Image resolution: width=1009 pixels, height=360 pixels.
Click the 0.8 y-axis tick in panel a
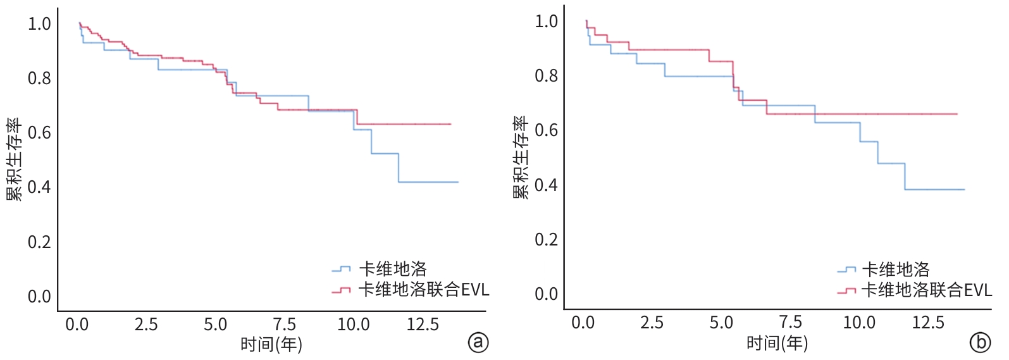click(39, 78)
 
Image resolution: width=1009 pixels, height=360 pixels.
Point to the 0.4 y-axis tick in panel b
click(546, 185)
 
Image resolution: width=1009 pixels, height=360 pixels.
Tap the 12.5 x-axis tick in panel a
click(422, 325)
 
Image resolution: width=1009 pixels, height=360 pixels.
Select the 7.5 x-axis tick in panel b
click(789, 323)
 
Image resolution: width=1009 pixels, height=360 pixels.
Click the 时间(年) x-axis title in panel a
click(271, 345)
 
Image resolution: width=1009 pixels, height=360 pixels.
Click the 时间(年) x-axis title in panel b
click(777, 344)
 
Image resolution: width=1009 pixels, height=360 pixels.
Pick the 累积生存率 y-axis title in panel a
click(15, 159)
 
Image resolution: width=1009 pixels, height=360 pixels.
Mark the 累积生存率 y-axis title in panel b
click(521, 158)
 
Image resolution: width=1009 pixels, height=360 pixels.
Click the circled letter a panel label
click(478, 342)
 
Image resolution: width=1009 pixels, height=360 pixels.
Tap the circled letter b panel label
click(980, 342)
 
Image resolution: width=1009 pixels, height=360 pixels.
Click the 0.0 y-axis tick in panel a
click(39, 297)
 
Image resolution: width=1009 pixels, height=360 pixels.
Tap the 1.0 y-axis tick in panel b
click(546, 22)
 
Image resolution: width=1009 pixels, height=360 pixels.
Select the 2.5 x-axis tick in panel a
click(145, 325)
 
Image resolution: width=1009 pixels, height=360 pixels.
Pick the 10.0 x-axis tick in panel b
click(858, 323)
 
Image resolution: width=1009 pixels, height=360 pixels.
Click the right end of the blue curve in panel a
click(457, 182)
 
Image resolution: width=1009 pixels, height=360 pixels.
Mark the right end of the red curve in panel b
click(956, 114)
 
